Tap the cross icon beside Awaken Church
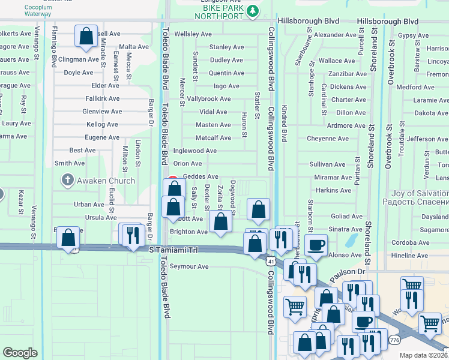tap(68, 180)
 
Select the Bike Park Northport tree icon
tap(253, 10)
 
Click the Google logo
tap(20, 353)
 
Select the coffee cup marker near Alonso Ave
tap(316, 245)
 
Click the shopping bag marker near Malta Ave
tap(86, 36)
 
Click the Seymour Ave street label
tap(189, 266)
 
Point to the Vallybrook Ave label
tap(209, 99)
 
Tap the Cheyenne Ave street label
tap(328, 139)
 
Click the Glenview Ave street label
tap(102, 112)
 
